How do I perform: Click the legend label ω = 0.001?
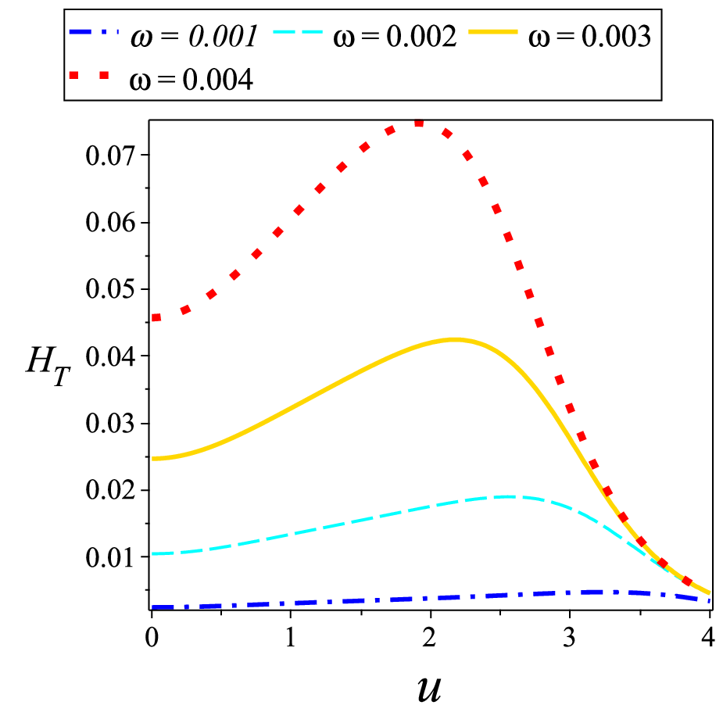pos(194,36)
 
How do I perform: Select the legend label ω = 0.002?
pos(395,36)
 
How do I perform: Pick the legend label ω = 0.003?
pos(590,36)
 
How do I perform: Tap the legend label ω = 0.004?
pos(191,79)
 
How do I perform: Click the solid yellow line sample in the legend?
pos(493,32)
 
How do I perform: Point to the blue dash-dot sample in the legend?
pos(94,32)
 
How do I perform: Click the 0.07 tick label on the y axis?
pos(111,156)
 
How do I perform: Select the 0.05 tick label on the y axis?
pos(111,289)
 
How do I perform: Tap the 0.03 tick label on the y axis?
pos(111,423)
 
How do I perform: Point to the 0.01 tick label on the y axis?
pos(111,557)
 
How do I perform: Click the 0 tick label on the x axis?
pos(152,637)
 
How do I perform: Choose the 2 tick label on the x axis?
pos(430,637)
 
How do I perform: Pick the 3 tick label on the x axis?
pos(570,637)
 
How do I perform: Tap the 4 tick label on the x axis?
pos(708,637)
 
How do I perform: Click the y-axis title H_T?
pos(48,366)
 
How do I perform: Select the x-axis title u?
pos(429,689)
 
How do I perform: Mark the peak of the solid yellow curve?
pos(454,340)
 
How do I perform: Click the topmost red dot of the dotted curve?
pos(419,123)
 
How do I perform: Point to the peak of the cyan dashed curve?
pos(507,496)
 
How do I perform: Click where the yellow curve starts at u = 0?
pos(152,459)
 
